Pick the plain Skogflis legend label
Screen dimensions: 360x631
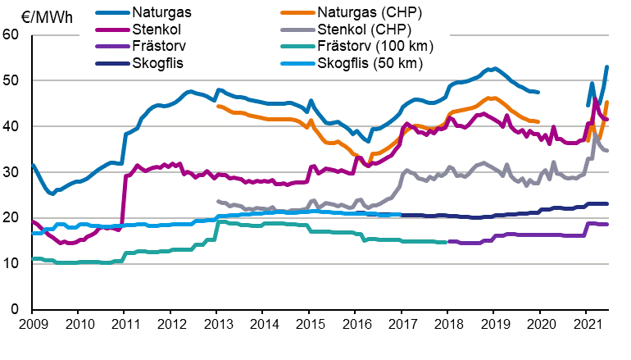coord(160,63)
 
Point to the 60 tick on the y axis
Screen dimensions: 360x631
coord(11,34)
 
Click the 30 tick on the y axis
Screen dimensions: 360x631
coord(11,172)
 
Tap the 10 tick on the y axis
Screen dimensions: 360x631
coord(11,263)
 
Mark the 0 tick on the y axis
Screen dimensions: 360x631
coord(15,309)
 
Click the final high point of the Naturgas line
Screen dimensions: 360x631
coord(606,67)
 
